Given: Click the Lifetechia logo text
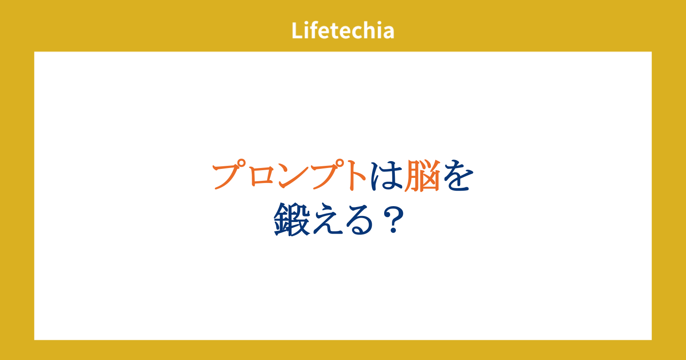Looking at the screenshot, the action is pyautogui.click(x=343, y=30).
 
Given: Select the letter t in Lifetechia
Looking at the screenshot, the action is pyautogui.click(x=337, y=31).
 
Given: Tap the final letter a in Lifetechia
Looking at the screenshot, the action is pyautogui.click(x=388, y=33).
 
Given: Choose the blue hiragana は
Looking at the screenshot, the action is pyautogui.click(x=386, y=176).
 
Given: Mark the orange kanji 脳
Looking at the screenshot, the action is pyautogui.click(x=422, y=176).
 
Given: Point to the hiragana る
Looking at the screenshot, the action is pyautogui.click(x=359, y=220).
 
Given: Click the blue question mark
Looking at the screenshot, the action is pyautogui.click(x=393, y=219).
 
